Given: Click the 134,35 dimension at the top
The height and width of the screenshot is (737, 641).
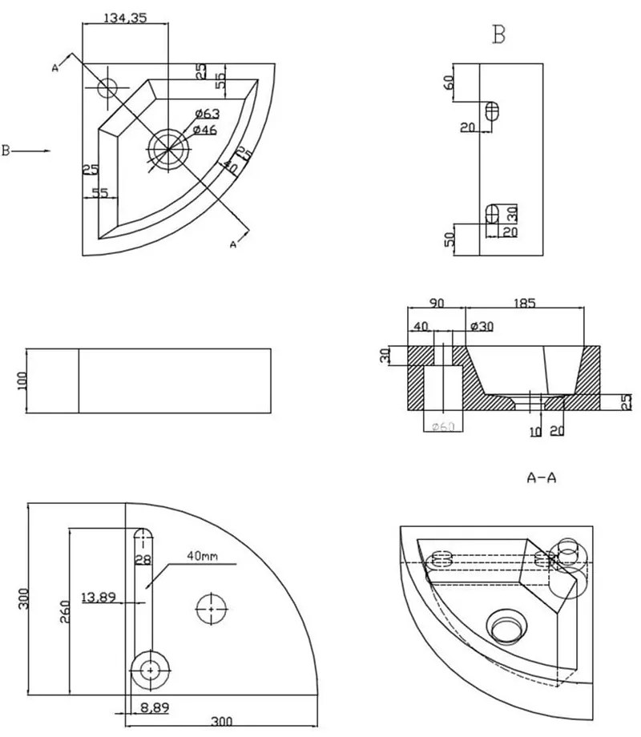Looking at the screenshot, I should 124,18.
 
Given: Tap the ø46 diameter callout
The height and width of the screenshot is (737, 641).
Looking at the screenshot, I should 205,130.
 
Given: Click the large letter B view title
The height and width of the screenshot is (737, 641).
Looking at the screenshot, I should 499,34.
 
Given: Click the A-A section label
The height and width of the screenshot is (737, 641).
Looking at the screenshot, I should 541,478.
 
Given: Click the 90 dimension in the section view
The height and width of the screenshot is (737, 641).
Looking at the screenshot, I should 437,304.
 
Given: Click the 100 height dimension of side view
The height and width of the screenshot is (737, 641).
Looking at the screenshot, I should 22,381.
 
